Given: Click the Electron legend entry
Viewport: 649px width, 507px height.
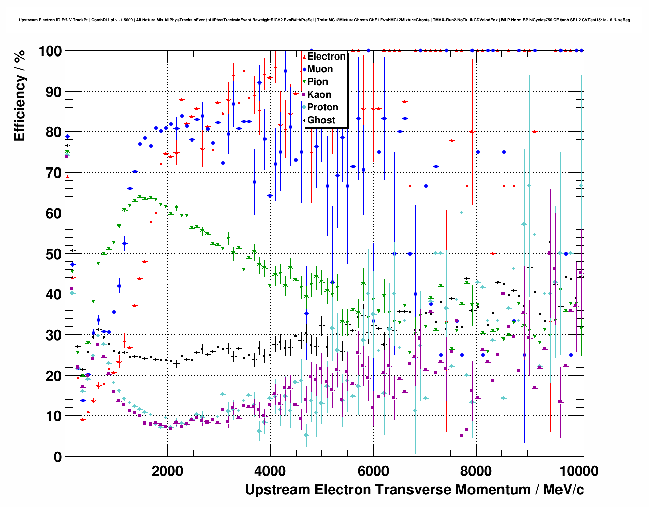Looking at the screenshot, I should pos(326,57).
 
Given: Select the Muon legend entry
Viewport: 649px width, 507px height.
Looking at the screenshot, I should pos(320,69).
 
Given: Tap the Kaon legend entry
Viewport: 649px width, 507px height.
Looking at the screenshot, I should pos(319,95).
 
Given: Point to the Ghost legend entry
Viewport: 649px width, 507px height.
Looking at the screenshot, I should pos(321,120).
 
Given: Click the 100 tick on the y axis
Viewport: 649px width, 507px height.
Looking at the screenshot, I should pos(50,51).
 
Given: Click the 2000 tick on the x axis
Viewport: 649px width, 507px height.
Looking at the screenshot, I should pos(167,471).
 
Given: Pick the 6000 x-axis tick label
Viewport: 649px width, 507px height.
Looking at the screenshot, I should pos(373,471).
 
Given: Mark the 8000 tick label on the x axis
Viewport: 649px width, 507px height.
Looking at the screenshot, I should pos(476,471).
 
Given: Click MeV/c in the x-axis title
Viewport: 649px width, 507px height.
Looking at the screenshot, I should pos(563,490).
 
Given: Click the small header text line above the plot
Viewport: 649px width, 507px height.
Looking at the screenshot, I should pos(324,20).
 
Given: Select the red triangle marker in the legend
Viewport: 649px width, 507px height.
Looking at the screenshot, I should pos(304,57).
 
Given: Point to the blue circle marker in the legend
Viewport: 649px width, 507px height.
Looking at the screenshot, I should pos(304,69).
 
